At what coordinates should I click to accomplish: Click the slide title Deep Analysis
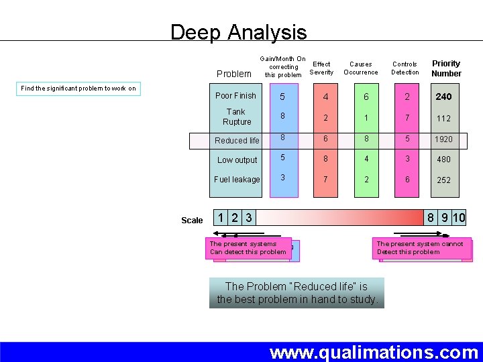(238, 32)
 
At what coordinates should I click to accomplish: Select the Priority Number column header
(446, 68)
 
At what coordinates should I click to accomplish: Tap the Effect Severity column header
(321, 68)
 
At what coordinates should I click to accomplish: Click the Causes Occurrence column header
(361, 68)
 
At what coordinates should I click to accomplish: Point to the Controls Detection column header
(405, 68)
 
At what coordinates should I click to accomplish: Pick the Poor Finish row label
(235, 96)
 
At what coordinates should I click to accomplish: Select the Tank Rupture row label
(236, 117)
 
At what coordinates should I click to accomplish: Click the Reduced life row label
(236, 141)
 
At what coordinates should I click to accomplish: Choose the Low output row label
(237, 160)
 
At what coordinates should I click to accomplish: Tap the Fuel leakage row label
(237, 180)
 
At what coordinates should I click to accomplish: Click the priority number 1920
(443, 139)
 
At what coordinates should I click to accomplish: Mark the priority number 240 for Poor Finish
(443, 97)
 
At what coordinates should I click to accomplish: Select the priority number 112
(443, 119)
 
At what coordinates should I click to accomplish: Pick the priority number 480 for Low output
(443, 160)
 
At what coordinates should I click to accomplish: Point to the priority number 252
(443, 180)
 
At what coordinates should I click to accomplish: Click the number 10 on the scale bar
(459, 218)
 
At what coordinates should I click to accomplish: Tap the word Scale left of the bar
(192, 221)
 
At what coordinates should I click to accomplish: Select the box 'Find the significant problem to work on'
(78, 88)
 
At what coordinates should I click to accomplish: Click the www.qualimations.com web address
(374, 353)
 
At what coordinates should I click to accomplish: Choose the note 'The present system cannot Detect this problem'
(420, 248)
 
